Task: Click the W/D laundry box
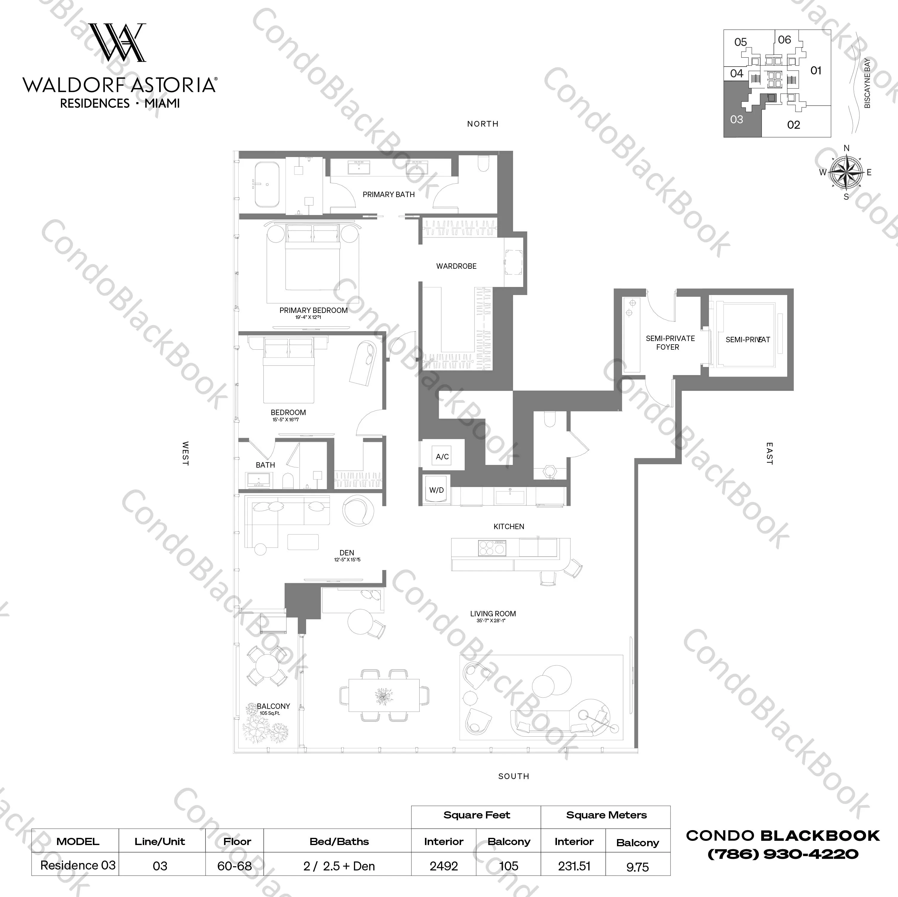tap(436, 490)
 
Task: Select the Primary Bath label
tap(389, 194)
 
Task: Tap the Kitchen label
tap(509, 526)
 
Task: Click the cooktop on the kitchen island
tap(492, 548)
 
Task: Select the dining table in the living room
tap(384, 695)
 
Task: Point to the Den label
tap(346, 553)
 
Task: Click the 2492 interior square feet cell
tap(443, 866)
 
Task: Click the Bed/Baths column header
tap(339, 841)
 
